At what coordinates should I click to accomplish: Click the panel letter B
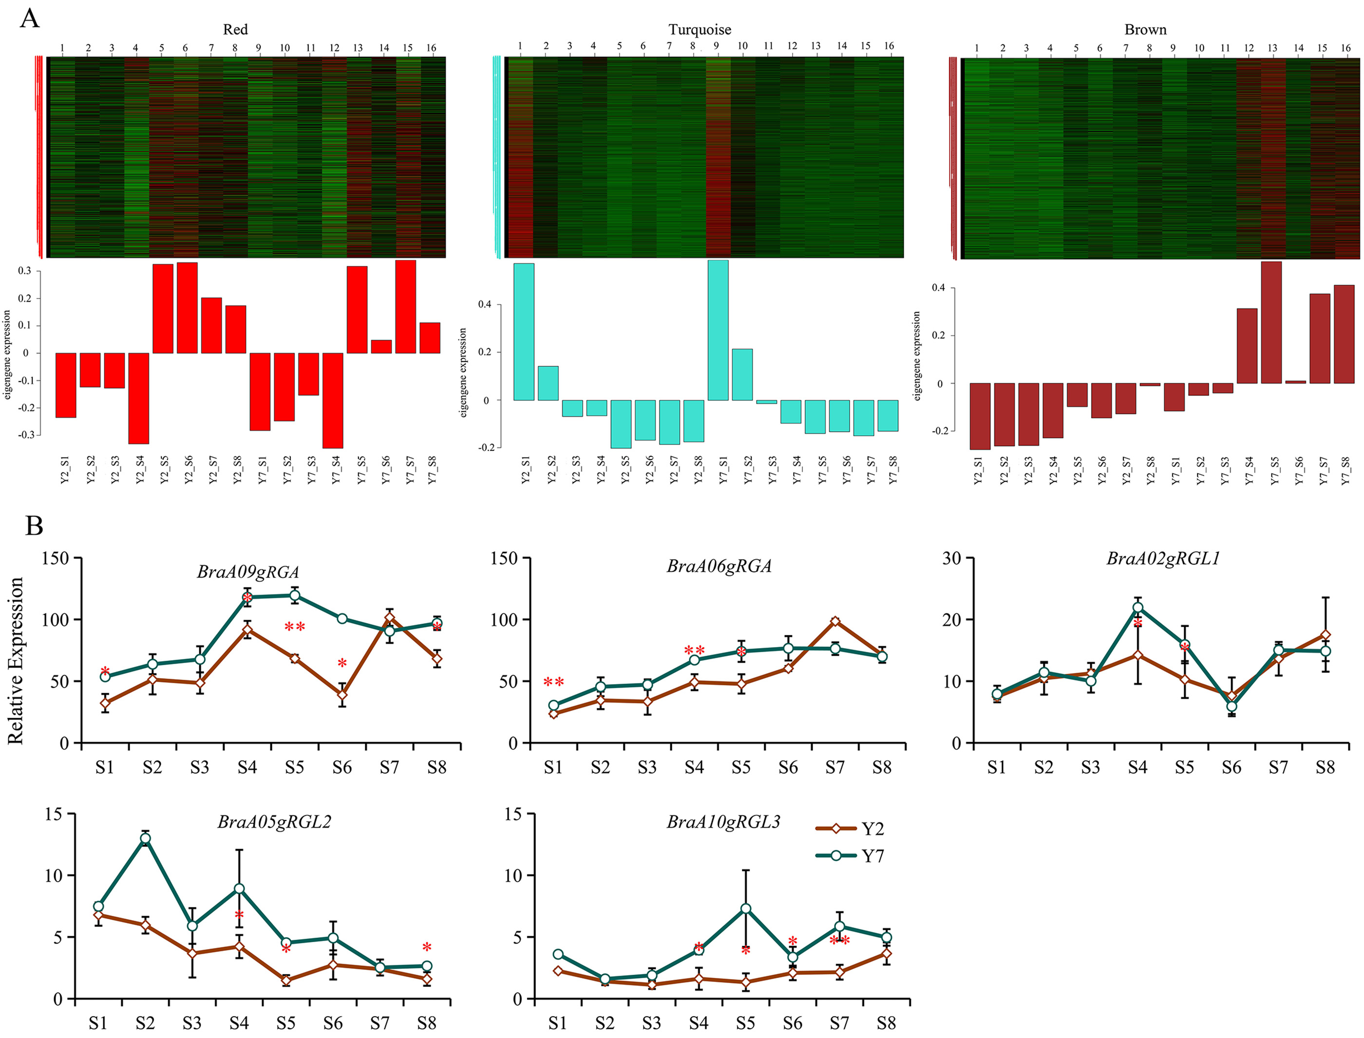pyautogui.click(x=34, y=526)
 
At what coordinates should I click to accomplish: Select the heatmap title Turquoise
pyautogui.click(x=700, y=30)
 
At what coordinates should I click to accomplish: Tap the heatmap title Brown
pyautogui.click(x=1145, y=30)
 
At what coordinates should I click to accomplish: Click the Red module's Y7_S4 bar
pyautogui.click(x=333, y=400)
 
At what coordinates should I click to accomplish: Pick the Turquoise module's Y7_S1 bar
pyautogui.click(x=718, y=330)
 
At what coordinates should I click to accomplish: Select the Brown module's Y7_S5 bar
pyautogui.click(x=1271, y=322)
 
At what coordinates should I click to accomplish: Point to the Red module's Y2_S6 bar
pyautogui.click(x=187, y=308)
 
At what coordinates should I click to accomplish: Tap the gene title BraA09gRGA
pyautogui.click(x=248, y=572)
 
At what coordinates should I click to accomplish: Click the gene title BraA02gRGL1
pyautogui.click(x=1162, y=558)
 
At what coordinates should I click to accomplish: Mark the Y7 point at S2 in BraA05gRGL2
pyautogui.click(x=145, y=839)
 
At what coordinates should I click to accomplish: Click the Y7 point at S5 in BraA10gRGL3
pyautogui.click(x=746, y=908)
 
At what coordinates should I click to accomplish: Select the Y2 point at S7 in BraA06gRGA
pyautogui.click(x=835, y=622)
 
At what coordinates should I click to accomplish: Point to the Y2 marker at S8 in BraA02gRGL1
pyautogui.click(x=1325, y=635)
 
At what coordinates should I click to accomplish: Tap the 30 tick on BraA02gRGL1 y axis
pyautogui.click(x=952, y=558)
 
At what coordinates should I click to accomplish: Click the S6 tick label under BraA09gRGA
pyautogui.click(x=342, y=767)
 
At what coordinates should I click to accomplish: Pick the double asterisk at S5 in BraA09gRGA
pyautogui.click(x=295, y=628)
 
